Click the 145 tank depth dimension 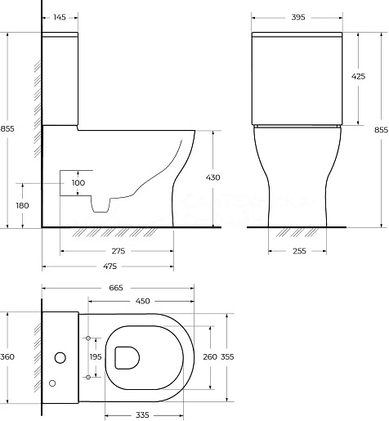coord(60,17)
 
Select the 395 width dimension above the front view coord(298,17)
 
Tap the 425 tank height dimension coord(358,77)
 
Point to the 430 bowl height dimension coord(212,177)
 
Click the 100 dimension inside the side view coord(78,183)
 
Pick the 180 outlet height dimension coord(22,205)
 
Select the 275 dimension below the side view coord(118,251)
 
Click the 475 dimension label coord(110,266)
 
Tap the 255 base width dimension coord(299,251)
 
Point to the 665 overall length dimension coord(116,288)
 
